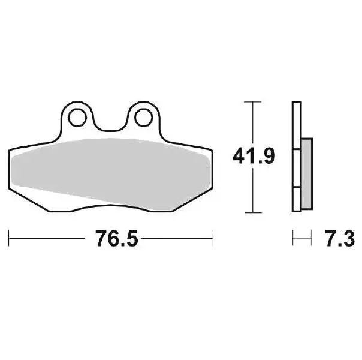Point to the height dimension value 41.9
coord(254,157)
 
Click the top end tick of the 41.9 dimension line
coord(254,103)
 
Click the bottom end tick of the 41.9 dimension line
coord(254,212)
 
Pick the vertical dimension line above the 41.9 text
coord(254,123)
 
